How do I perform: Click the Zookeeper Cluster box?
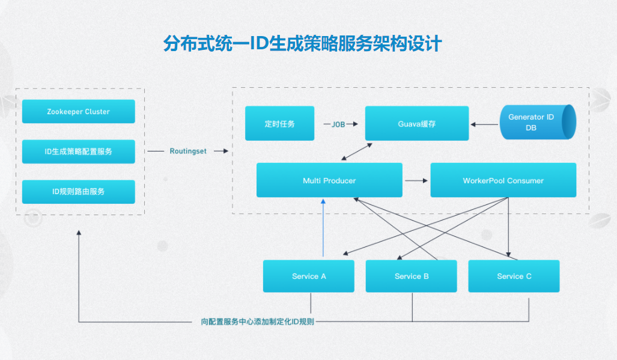pos(78,112)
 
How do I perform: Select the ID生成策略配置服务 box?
pos(78,151)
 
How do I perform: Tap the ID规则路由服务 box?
pos(78,191)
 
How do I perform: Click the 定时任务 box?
pos(279,124)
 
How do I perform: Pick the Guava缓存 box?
pos(417,124)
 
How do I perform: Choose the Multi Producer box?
pos(329,180)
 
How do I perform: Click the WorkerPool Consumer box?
pos(503,180)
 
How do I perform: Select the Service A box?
pos(309,276)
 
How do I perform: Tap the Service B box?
pos(412,276)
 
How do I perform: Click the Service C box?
pos(514,276)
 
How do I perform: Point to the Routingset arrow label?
pos(187,151)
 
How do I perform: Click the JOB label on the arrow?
pos(338,124)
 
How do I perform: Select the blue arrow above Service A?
pos(324,228)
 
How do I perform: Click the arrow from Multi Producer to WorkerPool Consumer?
pos(416,180)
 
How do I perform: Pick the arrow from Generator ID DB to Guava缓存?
pos(484,124)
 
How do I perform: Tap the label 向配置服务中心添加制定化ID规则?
pos(257,322)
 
